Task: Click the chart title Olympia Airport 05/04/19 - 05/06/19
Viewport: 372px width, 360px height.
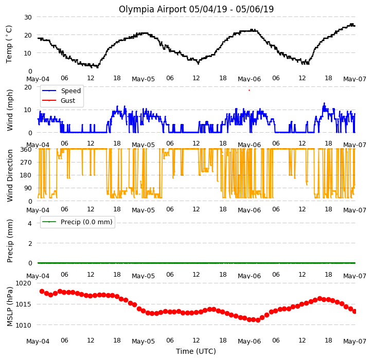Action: tap(196, 9)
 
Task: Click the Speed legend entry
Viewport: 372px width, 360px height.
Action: tap(61, 91)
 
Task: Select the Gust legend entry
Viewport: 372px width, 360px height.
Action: tap(59, 101)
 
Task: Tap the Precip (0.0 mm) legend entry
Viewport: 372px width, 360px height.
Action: tap(77, 222)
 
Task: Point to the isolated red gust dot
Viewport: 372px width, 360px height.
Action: tap(249, 91)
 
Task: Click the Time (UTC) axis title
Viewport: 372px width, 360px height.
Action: tap(196, 351)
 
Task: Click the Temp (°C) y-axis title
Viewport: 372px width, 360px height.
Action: tap(9, 44)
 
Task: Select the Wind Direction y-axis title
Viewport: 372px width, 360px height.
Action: tap(9, 175)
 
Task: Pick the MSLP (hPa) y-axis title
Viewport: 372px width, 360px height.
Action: tap(9, 307)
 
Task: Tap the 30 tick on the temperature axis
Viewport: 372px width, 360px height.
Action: tap(28, 17)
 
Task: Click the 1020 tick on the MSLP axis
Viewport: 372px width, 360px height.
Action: tap(23, 283)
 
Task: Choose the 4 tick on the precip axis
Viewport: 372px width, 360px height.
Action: tap(30, 223)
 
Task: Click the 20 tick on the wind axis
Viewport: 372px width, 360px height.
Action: tap(28, 87)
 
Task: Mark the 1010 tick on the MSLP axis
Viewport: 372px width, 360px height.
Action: tap(23, 326)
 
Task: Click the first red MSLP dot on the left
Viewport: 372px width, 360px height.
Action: tap(42, 292)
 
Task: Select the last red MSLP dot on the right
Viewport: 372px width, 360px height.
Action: tap(355, 311)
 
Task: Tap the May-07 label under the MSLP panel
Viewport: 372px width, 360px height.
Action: tap(355, 341)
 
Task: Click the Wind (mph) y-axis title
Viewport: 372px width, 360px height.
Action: tap(9, 110)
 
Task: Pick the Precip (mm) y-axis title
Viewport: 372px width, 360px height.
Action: tap(9, 241)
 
